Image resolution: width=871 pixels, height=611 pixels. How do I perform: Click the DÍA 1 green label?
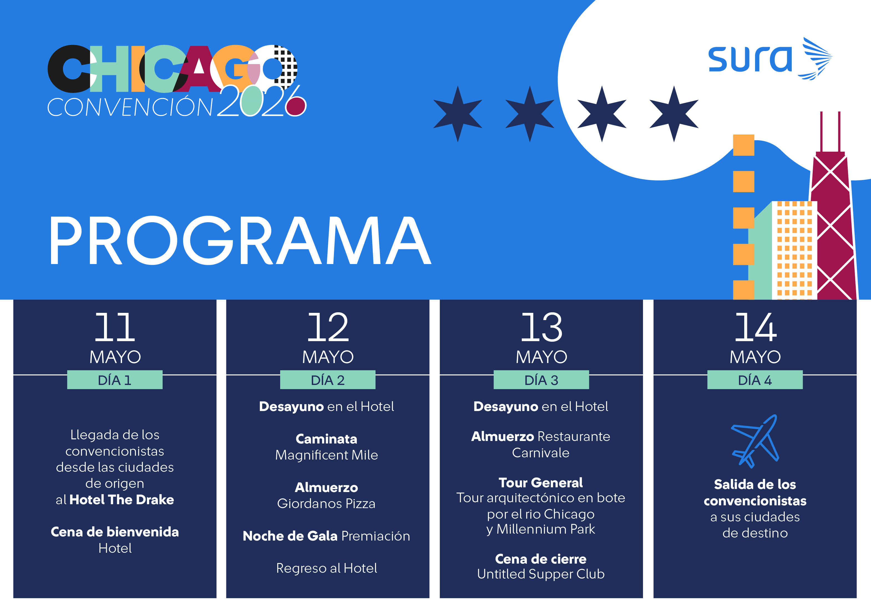[115, 380]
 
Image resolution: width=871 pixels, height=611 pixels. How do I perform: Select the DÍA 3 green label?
[541, 380]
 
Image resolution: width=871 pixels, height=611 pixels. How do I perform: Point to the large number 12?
[328, 327]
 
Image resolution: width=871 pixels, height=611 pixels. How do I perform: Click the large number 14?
[755, 327]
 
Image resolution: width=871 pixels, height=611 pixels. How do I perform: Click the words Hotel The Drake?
[122, 500]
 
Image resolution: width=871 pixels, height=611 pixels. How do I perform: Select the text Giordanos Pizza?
[326, 504]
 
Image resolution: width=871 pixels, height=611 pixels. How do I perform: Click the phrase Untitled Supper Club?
[541, 574]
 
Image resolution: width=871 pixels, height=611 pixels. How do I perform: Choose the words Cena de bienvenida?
[115, 532]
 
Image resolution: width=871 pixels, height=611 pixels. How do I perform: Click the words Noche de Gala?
[290, 536]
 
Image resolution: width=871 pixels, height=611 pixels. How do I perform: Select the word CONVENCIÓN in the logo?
[130, 107]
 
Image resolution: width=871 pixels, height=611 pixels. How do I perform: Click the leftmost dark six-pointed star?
[458, 114]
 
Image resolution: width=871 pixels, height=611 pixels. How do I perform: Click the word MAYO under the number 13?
[541, 357]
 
